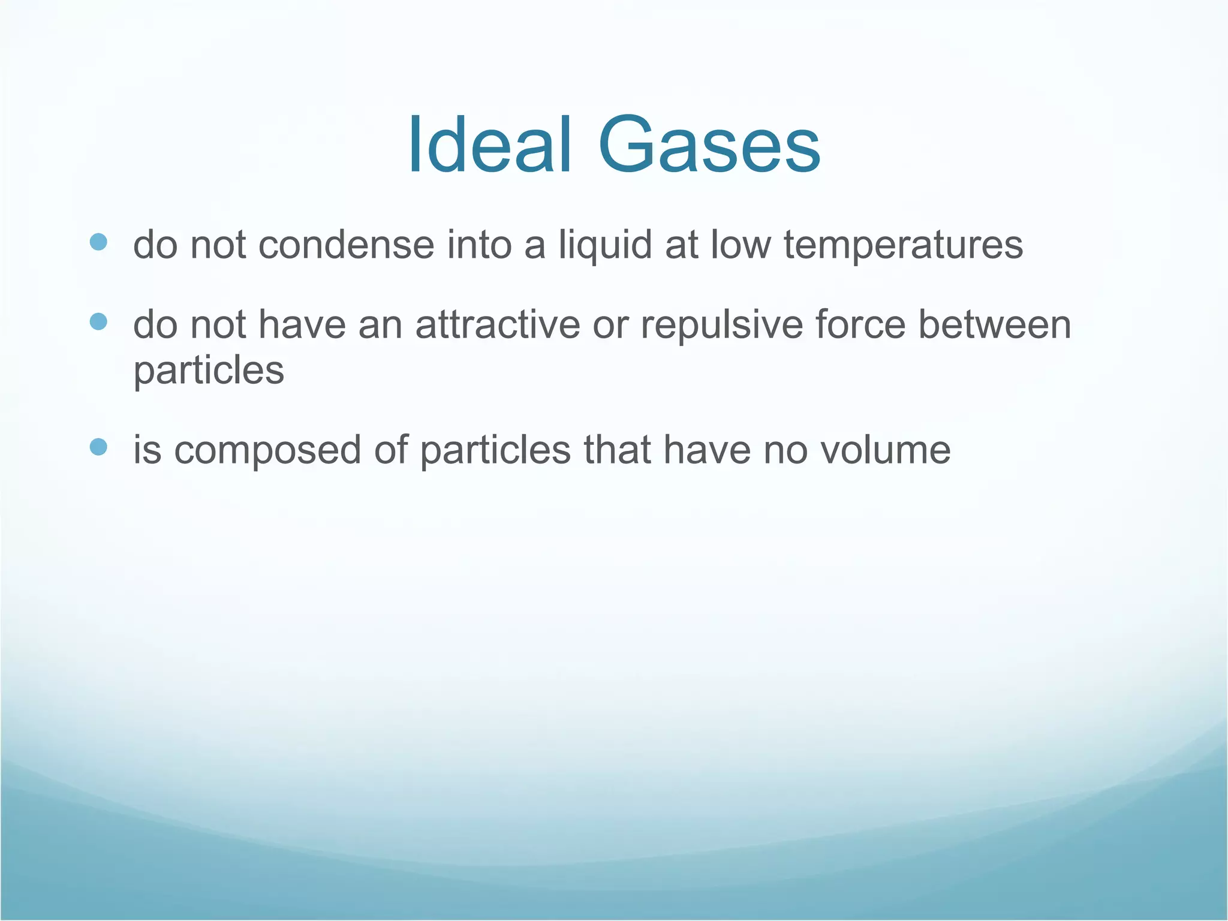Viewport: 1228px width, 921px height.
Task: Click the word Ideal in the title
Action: tap(490, 146)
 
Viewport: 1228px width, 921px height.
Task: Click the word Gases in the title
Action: tap(709, 146)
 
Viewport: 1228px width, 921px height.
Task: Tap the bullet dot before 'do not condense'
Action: tap(98, 242)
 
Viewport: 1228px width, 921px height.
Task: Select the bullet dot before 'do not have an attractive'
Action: tap(98, 322)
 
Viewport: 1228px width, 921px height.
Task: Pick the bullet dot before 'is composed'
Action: tap(98, 447)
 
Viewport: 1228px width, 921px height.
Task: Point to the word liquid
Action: tap(605, 246)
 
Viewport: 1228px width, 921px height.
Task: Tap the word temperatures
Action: tap(903, 246)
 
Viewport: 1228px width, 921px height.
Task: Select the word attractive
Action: tap(498, 325)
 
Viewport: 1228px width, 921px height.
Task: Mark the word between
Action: tap(995, 325)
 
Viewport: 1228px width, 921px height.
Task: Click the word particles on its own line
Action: tap(208, 371)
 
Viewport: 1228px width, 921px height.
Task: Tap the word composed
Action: tap(267, 451)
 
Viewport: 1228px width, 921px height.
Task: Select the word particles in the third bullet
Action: tap(495, 451)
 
